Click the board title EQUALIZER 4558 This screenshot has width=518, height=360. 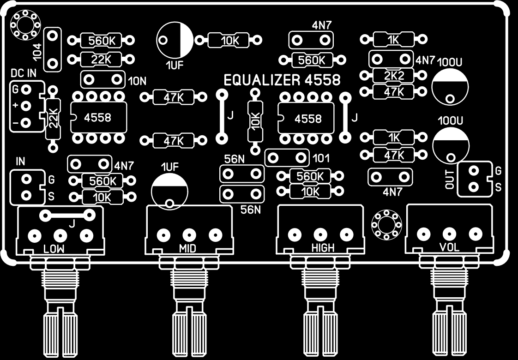[x=282, y=80]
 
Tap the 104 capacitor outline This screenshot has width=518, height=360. [x=53, y=48]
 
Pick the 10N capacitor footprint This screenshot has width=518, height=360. [x=102, y=80]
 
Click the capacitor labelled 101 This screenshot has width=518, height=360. [x=286, y=158]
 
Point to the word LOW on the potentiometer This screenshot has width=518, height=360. [x=54, y=249]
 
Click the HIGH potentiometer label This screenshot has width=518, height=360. [x=323, y=248]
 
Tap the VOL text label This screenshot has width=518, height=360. [x=450, y=248]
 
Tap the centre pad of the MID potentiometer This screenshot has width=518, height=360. [x=188, y=235]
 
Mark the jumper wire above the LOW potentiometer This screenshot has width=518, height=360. [x=67, y=215]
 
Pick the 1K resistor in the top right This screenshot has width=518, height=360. [x=393, y=40]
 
